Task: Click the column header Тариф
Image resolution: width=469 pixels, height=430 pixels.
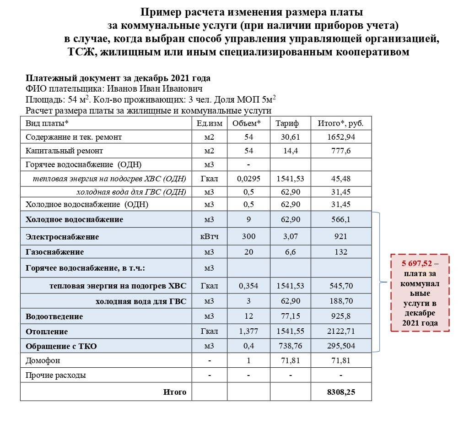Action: [x=287, y=124]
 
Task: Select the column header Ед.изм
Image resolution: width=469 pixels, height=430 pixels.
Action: [x=209, y=124]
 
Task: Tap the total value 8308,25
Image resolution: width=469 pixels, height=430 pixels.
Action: [x=340, y=392]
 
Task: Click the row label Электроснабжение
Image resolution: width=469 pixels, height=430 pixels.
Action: [x=62, y=237]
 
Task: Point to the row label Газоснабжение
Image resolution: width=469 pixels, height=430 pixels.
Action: [x=55, y=252]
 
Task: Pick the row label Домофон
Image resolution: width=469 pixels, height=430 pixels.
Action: [x=43, y=360]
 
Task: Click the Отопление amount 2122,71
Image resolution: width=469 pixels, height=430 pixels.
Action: [x=340, y=332]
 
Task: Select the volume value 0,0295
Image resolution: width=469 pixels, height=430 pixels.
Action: [x=248, y=179]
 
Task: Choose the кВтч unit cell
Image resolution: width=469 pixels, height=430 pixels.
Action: [x=209, y=237]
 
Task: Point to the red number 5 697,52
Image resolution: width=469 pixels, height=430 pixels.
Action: [x=417, y=264]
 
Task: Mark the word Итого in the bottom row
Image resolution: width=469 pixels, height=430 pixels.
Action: [x=175, y=392]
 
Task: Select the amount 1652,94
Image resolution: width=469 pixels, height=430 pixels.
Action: [x=340, y=137]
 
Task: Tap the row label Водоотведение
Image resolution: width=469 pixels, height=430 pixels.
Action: [x=54, y=316]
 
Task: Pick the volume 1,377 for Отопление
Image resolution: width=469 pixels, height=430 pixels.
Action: [x=248, y=332]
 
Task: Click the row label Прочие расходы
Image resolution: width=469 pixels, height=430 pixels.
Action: [x=56, y=376]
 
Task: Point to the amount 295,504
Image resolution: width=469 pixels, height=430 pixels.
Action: [x=340, y=346]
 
